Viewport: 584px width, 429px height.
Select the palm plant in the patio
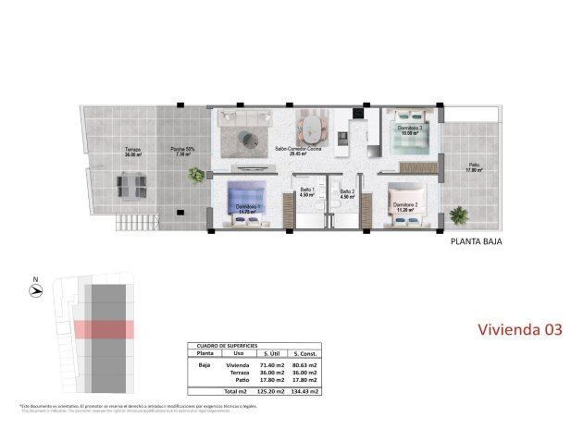(x=458, y=217)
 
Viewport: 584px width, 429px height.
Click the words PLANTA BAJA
(x=476, y=245)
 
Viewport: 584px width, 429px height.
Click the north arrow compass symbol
(x=35, y=289)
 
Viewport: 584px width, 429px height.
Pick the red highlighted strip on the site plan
(x=104, y=328)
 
